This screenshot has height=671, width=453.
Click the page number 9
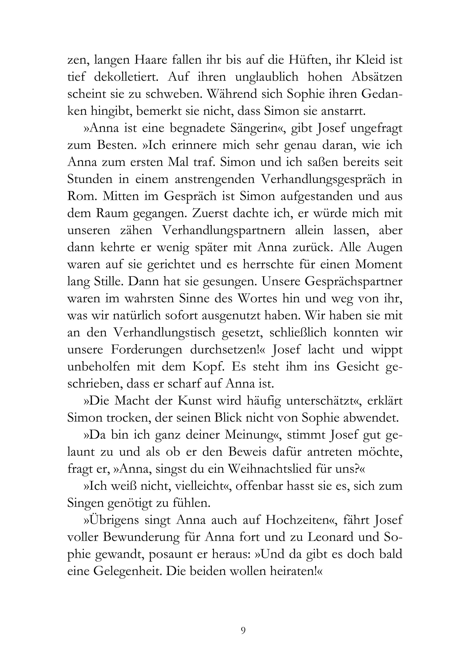(x=243, y=630)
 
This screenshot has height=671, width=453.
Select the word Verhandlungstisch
(x=164, y=333)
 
